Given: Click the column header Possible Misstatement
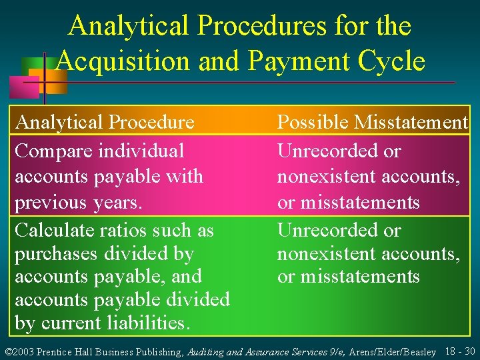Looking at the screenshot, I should pyautogui.click(x=373, y=122).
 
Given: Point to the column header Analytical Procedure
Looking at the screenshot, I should pyautogui.click(x=105, y=122).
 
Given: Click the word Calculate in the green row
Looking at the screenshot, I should pyautogui.click(x=57, y=231).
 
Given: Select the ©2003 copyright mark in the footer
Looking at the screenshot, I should pyautogui.click(x=19, y=351).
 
